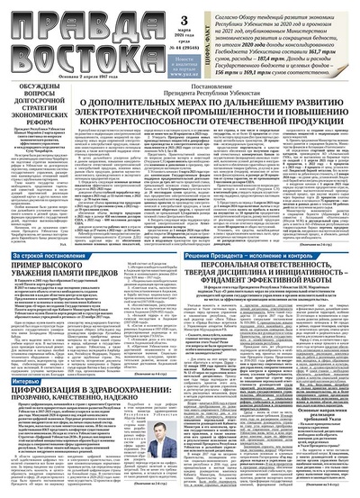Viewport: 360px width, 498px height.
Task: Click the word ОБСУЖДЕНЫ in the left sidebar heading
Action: point(34,86)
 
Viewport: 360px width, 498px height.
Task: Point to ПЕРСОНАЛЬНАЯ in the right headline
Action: point(226,268)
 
